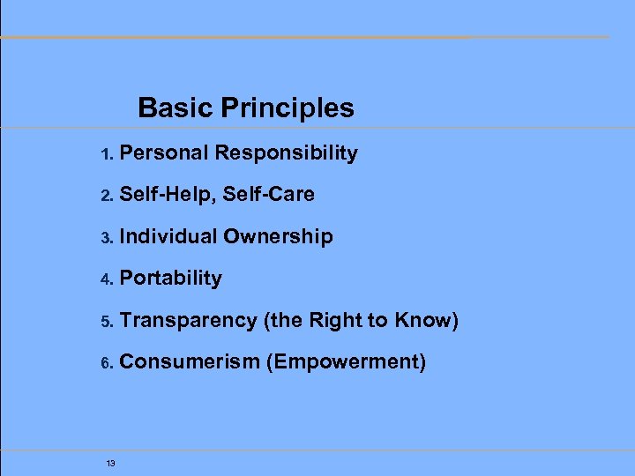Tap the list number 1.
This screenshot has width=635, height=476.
click(105, 154)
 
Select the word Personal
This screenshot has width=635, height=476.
click(164, 153)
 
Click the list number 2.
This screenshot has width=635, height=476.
click(105, 196)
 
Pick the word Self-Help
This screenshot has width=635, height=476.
click(168, 195)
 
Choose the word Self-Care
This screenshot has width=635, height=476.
click(268, 195)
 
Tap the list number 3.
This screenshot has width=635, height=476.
click(105, 238)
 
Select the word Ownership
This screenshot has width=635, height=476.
click(278, 236)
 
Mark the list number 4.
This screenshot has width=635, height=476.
click(105, 279)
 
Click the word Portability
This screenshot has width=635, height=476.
click(170, 279)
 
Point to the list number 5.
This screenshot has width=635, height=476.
click(105, 322)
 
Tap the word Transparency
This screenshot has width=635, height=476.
click(187, 321)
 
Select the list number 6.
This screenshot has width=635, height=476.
click(105, 363)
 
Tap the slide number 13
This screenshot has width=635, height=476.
click(110, 464)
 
